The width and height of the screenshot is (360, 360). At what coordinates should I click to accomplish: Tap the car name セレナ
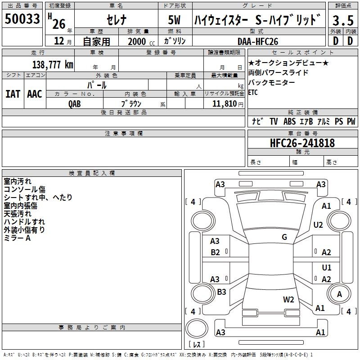coord(116,20)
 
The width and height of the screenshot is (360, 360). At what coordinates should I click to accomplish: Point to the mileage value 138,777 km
coord(52,65)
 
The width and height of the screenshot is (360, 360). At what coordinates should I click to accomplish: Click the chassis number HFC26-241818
coord(302,143)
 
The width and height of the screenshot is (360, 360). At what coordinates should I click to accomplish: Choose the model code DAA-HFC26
coord(258,41)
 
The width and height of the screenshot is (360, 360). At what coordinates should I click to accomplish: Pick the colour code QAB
coord(75,103)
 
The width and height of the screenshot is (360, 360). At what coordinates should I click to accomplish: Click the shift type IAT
coord(12,94)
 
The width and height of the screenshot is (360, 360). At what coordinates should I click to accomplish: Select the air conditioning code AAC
coord(34,94)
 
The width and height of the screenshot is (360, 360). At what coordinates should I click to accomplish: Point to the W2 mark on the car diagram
coord(288,299)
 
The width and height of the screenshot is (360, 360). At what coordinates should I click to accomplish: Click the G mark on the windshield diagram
coord(284,237)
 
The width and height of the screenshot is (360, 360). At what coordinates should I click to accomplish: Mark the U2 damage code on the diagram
coord(318,225)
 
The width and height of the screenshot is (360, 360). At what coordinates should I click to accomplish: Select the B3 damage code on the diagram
coord(221,292)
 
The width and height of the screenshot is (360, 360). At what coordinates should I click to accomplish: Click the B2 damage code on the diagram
coord(215,252)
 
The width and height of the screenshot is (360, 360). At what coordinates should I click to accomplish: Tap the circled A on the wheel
coord(339,294)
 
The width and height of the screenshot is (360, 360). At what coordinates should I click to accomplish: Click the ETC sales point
coord(253,93)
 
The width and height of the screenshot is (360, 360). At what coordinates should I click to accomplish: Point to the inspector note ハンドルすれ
coord(24,221)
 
